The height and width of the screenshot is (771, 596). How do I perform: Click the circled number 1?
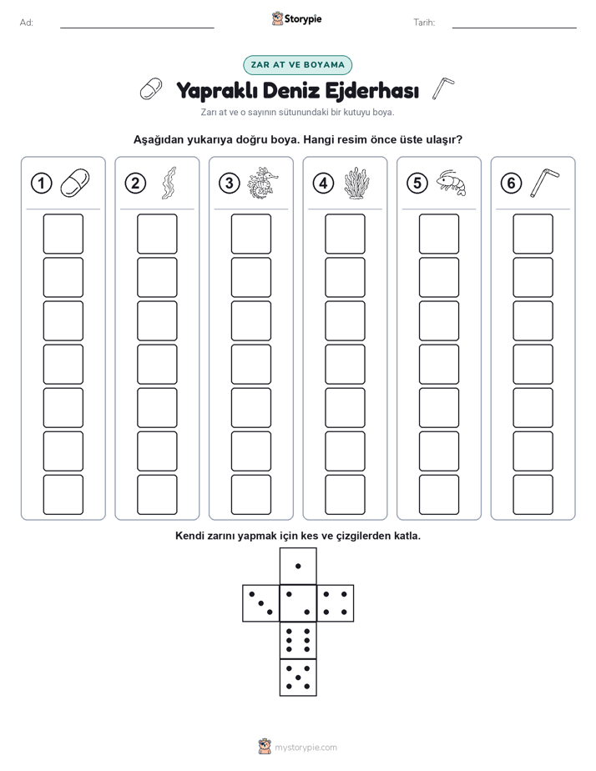tap(41, 184)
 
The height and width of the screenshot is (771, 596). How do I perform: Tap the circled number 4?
tap(323, 184)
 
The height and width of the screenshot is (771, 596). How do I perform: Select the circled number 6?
tap(511, 184)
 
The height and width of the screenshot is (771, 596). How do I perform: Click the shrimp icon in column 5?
tap(451, 183)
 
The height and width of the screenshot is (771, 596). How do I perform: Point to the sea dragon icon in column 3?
tap(263, 183)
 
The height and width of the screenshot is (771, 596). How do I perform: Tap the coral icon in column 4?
tap(356, 183)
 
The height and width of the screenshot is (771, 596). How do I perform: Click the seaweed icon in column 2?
tap(169, 183)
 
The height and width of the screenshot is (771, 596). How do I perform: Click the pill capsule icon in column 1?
tap(75, 183)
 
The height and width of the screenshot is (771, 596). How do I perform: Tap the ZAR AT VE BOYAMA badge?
tap(297, 65)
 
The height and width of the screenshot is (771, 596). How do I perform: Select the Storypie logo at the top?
tap(296, 19)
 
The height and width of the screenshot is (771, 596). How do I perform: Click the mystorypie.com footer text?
tap(306, 748)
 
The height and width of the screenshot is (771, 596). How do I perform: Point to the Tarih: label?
tap(424, 23)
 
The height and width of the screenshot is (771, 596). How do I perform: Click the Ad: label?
tap(27, 23)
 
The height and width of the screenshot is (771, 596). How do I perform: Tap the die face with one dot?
tap(298, 566)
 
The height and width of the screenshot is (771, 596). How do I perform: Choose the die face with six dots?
tap(298, 640)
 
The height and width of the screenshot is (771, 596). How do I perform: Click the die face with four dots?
tap(335, 603)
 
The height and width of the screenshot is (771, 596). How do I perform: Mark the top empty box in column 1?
tap(63, 234)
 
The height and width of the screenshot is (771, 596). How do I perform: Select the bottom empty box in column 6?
tap(533, 495)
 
